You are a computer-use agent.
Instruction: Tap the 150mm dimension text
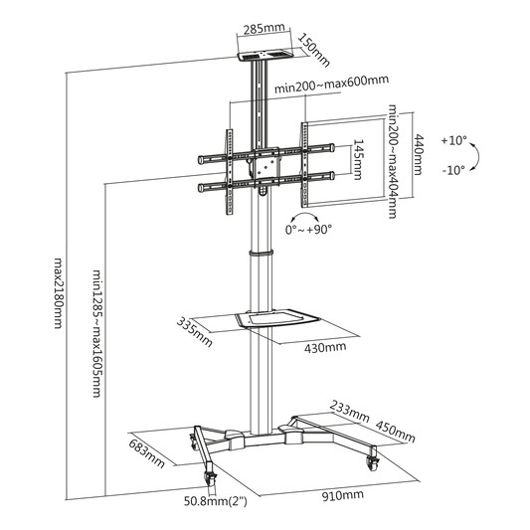click(x=313, y=50)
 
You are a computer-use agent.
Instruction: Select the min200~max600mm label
click(x=331, y=85)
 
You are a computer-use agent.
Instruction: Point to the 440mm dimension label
click(x=419, y=154)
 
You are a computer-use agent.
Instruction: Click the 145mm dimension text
click(x=358, y=159)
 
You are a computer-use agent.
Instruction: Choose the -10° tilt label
click(x=453, y=170)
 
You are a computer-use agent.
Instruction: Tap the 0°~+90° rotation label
click(x=308, y=230)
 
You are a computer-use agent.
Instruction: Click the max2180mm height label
click(x=59, y=293)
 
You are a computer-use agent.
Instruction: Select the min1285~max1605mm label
click(x=97, y=333)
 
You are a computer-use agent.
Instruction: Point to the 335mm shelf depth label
click(x=194, y=332)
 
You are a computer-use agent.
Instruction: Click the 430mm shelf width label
click(x=325, y=347)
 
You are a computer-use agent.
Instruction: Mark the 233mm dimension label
click(x=349, y=411)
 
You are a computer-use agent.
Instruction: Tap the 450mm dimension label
click(x=395, y=432)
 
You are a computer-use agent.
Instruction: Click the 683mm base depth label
click(x=147, y=452)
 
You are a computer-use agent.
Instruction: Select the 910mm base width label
click(x=342, y=495)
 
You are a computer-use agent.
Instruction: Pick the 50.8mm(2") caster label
click(x=216, y=501)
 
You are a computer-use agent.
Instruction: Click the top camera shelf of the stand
click(x=265, y=56)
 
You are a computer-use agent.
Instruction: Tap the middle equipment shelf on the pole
click(x=276, y=318)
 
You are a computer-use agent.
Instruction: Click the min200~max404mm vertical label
click(x=392, y=161)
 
